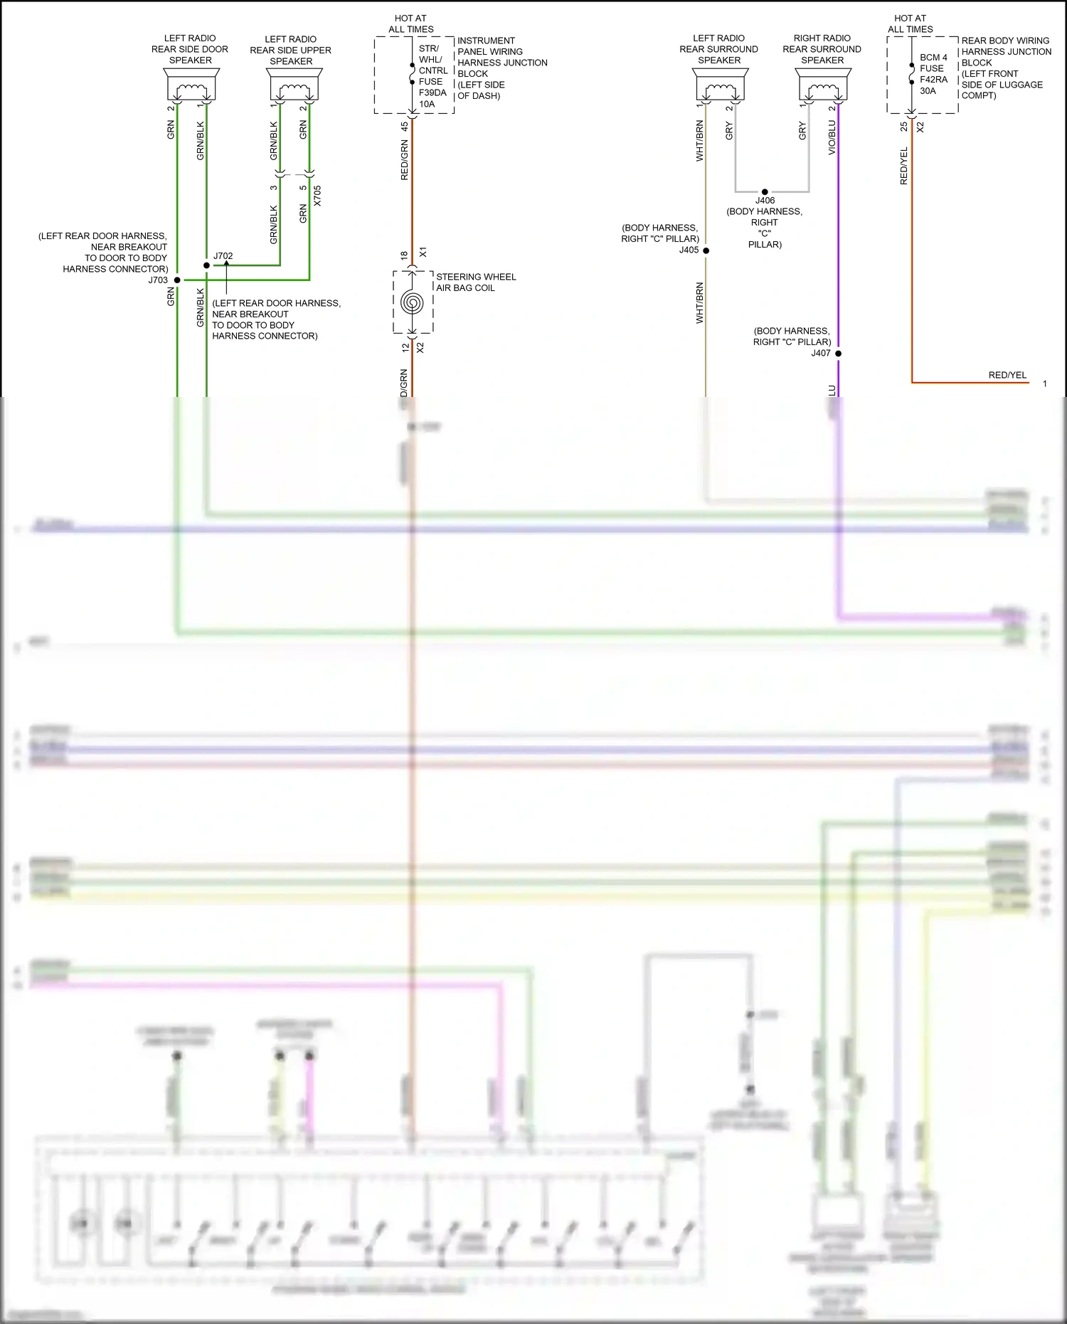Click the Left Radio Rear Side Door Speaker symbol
[191, 86]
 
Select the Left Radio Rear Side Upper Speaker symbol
[294, 86]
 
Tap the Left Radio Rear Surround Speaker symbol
[720, 86]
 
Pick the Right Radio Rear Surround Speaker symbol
[823, 86]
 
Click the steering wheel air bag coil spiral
[412, 302]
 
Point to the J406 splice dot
[765, 192]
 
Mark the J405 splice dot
[706, 250]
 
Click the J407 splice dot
[838, 354]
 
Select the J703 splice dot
[177, 280]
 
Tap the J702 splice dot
[207, 265]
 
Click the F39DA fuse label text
[432, 92]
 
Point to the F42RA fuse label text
[933, 80]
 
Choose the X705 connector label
[317, 196]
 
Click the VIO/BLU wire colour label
[832, 137]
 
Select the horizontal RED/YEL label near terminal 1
[1007, 375]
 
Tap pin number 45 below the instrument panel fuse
[405, 127]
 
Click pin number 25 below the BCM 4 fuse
[904, 127]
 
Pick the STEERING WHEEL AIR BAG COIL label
[476, 282]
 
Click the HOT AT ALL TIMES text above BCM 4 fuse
[910, 23]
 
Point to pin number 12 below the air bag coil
[405, 348]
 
